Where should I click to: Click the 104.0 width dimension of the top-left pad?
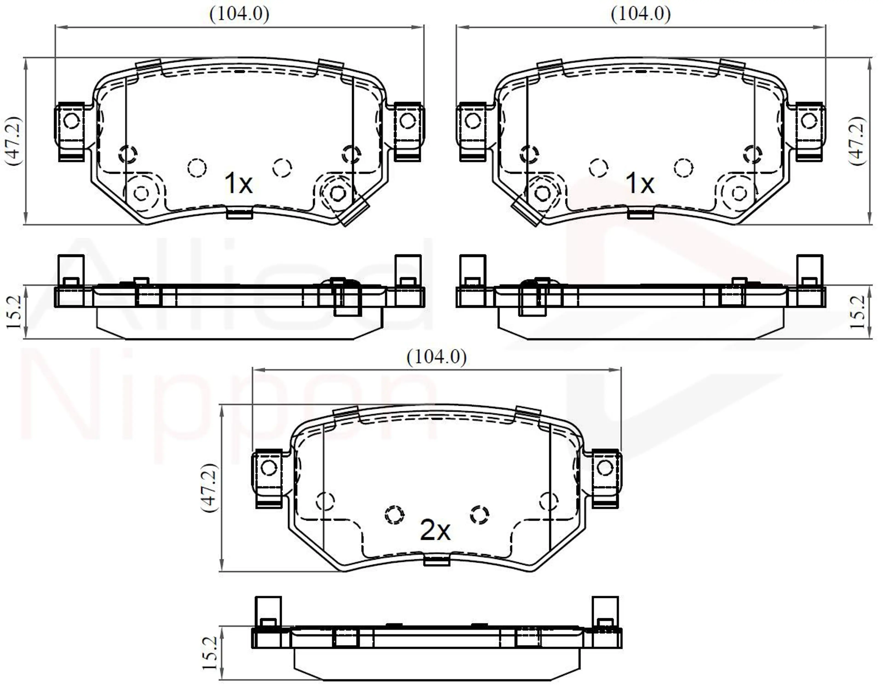239,14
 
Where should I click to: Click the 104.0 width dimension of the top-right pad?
641,14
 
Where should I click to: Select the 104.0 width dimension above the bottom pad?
437,357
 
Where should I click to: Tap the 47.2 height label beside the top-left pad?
13,140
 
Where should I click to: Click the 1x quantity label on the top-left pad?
238,183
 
